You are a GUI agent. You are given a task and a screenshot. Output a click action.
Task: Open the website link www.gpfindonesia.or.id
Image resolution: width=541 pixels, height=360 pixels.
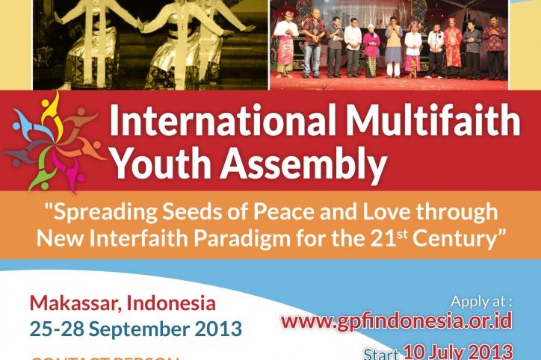[396, 321]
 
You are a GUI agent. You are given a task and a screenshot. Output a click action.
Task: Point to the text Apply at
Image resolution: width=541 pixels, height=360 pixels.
[481, 301]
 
